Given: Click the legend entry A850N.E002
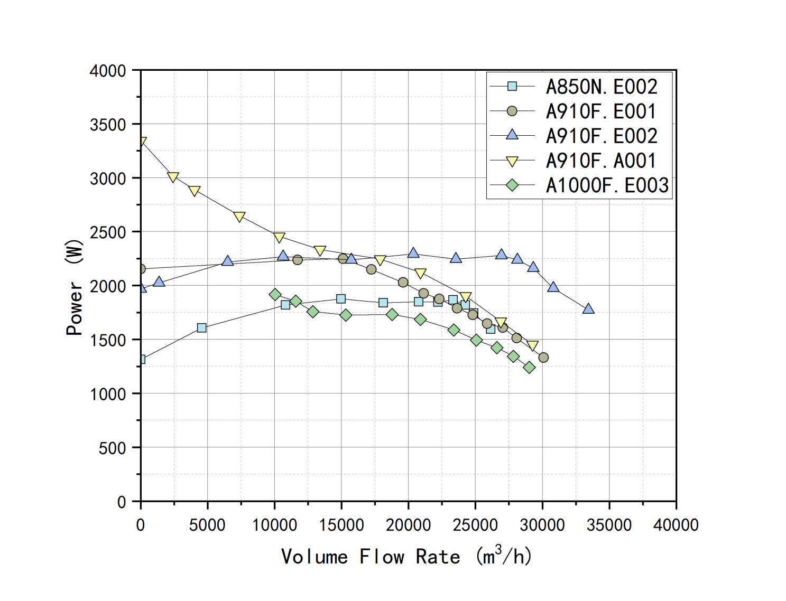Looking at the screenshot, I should (602, 87).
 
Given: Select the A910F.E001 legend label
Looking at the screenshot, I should (601, 111).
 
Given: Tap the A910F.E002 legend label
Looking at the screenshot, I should (602, 136).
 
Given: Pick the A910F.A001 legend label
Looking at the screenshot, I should (601, 161).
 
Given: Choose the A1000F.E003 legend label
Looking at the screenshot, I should (607, 185).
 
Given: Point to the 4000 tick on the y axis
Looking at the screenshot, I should (108, 71).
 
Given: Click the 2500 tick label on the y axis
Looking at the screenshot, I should (108, 232).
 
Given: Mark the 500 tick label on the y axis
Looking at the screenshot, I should (112, 448).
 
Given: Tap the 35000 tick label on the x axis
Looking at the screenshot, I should (609, 525).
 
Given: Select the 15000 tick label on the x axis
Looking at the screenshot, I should (341, 525).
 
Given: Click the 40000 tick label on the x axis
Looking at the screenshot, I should (676, 525).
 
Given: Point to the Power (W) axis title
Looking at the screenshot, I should (75, 287).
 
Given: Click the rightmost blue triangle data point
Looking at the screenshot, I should (588, 308).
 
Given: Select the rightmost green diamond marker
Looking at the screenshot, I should (529, 367).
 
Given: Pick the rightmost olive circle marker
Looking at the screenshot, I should (543, 358).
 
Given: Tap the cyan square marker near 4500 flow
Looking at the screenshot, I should (201, 328).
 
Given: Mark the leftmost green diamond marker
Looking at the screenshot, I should (275, 295).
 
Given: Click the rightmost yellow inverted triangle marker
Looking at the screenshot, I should (533, 346).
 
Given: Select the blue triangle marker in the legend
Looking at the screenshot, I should (512, 135).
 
